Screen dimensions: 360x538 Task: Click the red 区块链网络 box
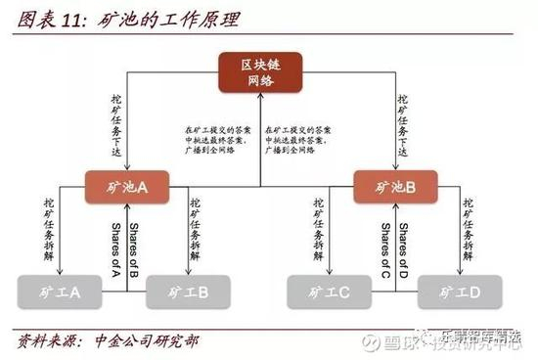coord(260,74)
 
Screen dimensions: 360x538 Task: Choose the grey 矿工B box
coord(188,290)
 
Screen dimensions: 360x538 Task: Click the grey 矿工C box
coord(330,290)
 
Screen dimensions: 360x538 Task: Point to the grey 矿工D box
coord(459,290)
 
